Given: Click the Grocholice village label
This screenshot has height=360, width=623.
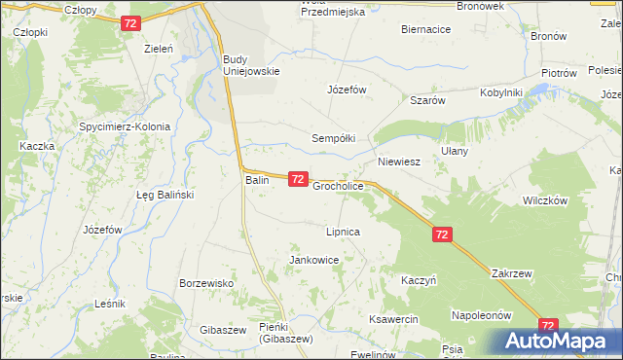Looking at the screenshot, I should point(338,185).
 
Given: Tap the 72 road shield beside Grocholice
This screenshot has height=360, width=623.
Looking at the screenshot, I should point(299,180).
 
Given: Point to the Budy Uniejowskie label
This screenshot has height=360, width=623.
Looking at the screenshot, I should point(251,64).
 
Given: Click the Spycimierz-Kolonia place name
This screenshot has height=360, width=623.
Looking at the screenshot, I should point(126,126).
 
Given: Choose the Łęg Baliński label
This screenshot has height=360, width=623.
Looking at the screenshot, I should point(165,195).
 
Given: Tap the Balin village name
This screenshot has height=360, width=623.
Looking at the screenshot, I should point(256,180).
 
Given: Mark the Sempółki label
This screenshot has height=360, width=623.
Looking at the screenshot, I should point(334,138).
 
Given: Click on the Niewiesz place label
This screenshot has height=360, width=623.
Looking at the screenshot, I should point(398,162).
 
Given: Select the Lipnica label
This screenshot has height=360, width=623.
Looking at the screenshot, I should point(344,233).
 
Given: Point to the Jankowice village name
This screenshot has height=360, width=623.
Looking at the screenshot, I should point(313,261).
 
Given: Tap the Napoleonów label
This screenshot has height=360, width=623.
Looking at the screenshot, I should point(481,315).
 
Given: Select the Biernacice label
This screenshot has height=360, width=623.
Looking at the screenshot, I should point(425,29).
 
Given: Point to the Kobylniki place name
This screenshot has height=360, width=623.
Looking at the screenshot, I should point(501,92).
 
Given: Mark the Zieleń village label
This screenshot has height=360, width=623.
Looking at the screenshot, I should point(159,48).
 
